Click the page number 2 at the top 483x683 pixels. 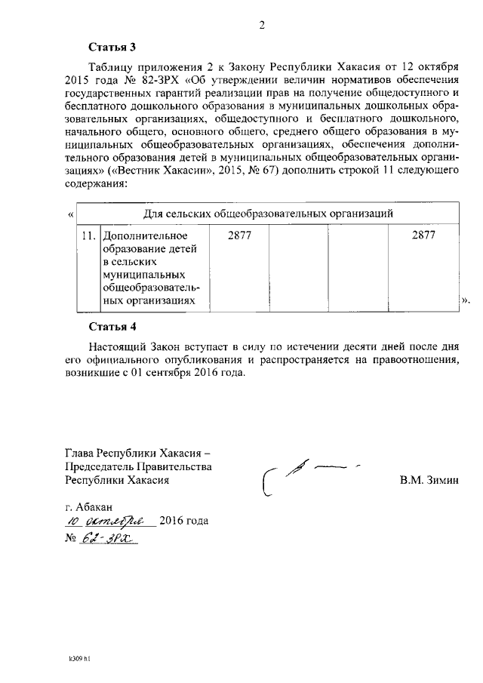pyautogui.click(x=262, y=25)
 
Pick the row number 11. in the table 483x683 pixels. pyautogui.click(x=88, y=235)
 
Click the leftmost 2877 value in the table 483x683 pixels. pyautogui.click(x=239, y=235)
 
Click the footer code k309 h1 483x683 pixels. pyautogui.click(x=79, y=658)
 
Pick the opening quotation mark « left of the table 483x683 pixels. pyautogui.click(x=70, y=214)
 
